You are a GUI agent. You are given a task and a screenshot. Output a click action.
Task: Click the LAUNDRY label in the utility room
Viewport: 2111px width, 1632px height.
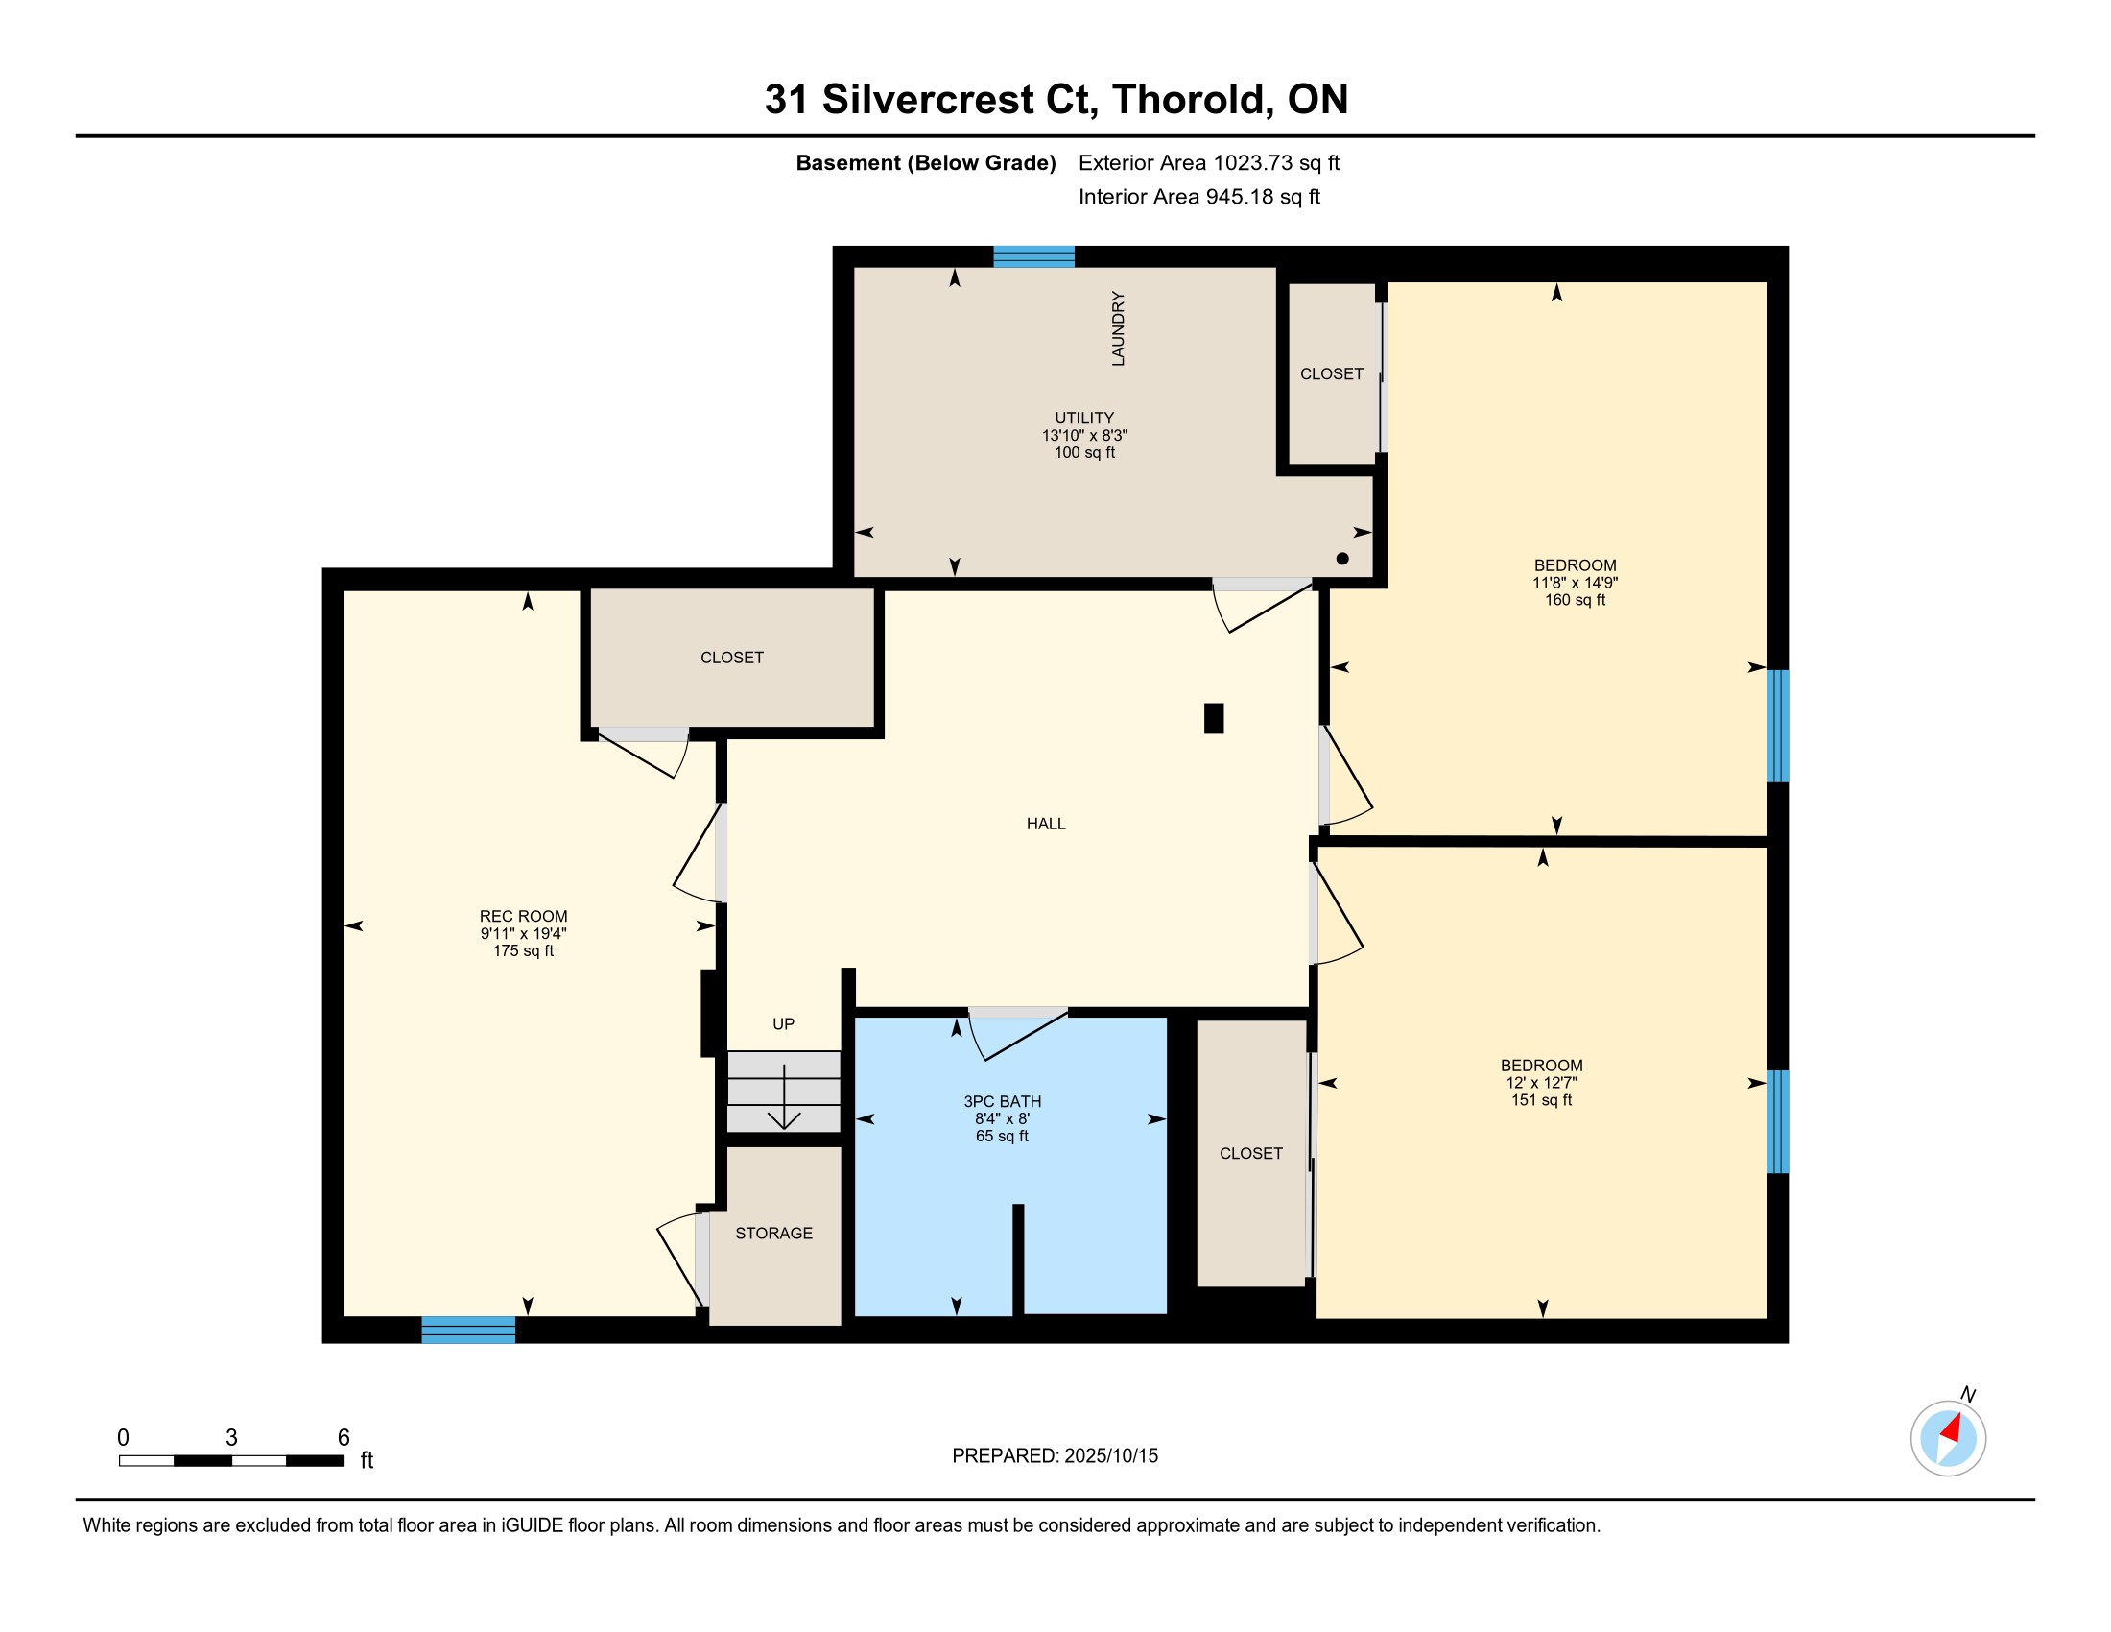point(1118,328)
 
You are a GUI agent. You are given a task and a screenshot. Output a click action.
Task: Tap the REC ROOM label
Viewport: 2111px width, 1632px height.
point(524,917)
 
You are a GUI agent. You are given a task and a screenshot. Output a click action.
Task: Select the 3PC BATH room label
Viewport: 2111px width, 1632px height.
point(1003,1101)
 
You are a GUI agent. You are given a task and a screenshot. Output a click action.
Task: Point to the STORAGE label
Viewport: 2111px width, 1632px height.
point(774,1233)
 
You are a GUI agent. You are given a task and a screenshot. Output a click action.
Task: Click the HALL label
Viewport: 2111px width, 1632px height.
point(1046,824)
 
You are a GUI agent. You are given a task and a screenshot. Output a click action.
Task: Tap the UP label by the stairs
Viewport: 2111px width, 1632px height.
point(784,1024)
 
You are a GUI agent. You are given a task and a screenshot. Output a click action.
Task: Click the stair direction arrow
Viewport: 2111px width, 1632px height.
point(784,1096)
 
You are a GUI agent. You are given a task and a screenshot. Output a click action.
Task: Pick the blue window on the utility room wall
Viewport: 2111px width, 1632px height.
point(1034,256)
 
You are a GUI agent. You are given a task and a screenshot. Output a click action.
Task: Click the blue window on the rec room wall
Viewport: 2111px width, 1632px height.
point(469,1330)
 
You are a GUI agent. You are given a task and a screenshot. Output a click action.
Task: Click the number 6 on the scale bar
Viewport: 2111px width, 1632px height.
point(344,1438)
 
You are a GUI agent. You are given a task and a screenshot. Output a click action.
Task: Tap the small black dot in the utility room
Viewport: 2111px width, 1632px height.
point(1342,558)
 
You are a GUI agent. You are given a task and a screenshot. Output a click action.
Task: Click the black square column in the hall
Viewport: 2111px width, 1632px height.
point(1214,718)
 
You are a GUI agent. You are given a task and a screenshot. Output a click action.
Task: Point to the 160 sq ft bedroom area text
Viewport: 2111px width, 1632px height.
point(1575,599)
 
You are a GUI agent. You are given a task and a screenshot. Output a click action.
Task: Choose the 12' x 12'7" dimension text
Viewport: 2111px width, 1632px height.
point(1542,1083)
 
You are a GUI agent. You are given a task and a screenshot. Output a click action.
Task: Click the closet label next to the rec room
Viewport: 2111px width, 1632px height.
point(732,658)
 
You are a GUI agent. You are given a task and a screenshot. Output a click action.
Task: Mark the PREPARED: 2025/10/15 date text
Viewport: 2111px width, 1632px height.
point(1055,1455)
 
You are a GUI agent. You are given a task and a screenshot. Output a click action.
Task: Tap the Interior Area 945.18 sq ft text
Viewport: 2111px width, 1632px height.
point(1199,197)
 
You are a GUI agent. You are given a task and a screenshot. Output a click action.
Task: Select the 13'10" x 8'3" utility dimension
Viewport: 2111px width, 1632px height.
point(1084,435)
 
